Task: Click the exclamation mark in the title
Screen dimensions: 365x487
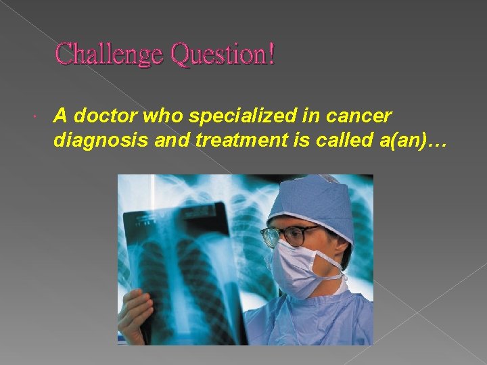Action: (x=271, y=54)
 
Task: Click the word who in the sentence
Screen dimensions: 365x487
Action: (x=159, y=116)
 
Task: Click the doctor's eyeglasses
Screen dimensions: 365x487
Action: (x=291, y=235)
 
